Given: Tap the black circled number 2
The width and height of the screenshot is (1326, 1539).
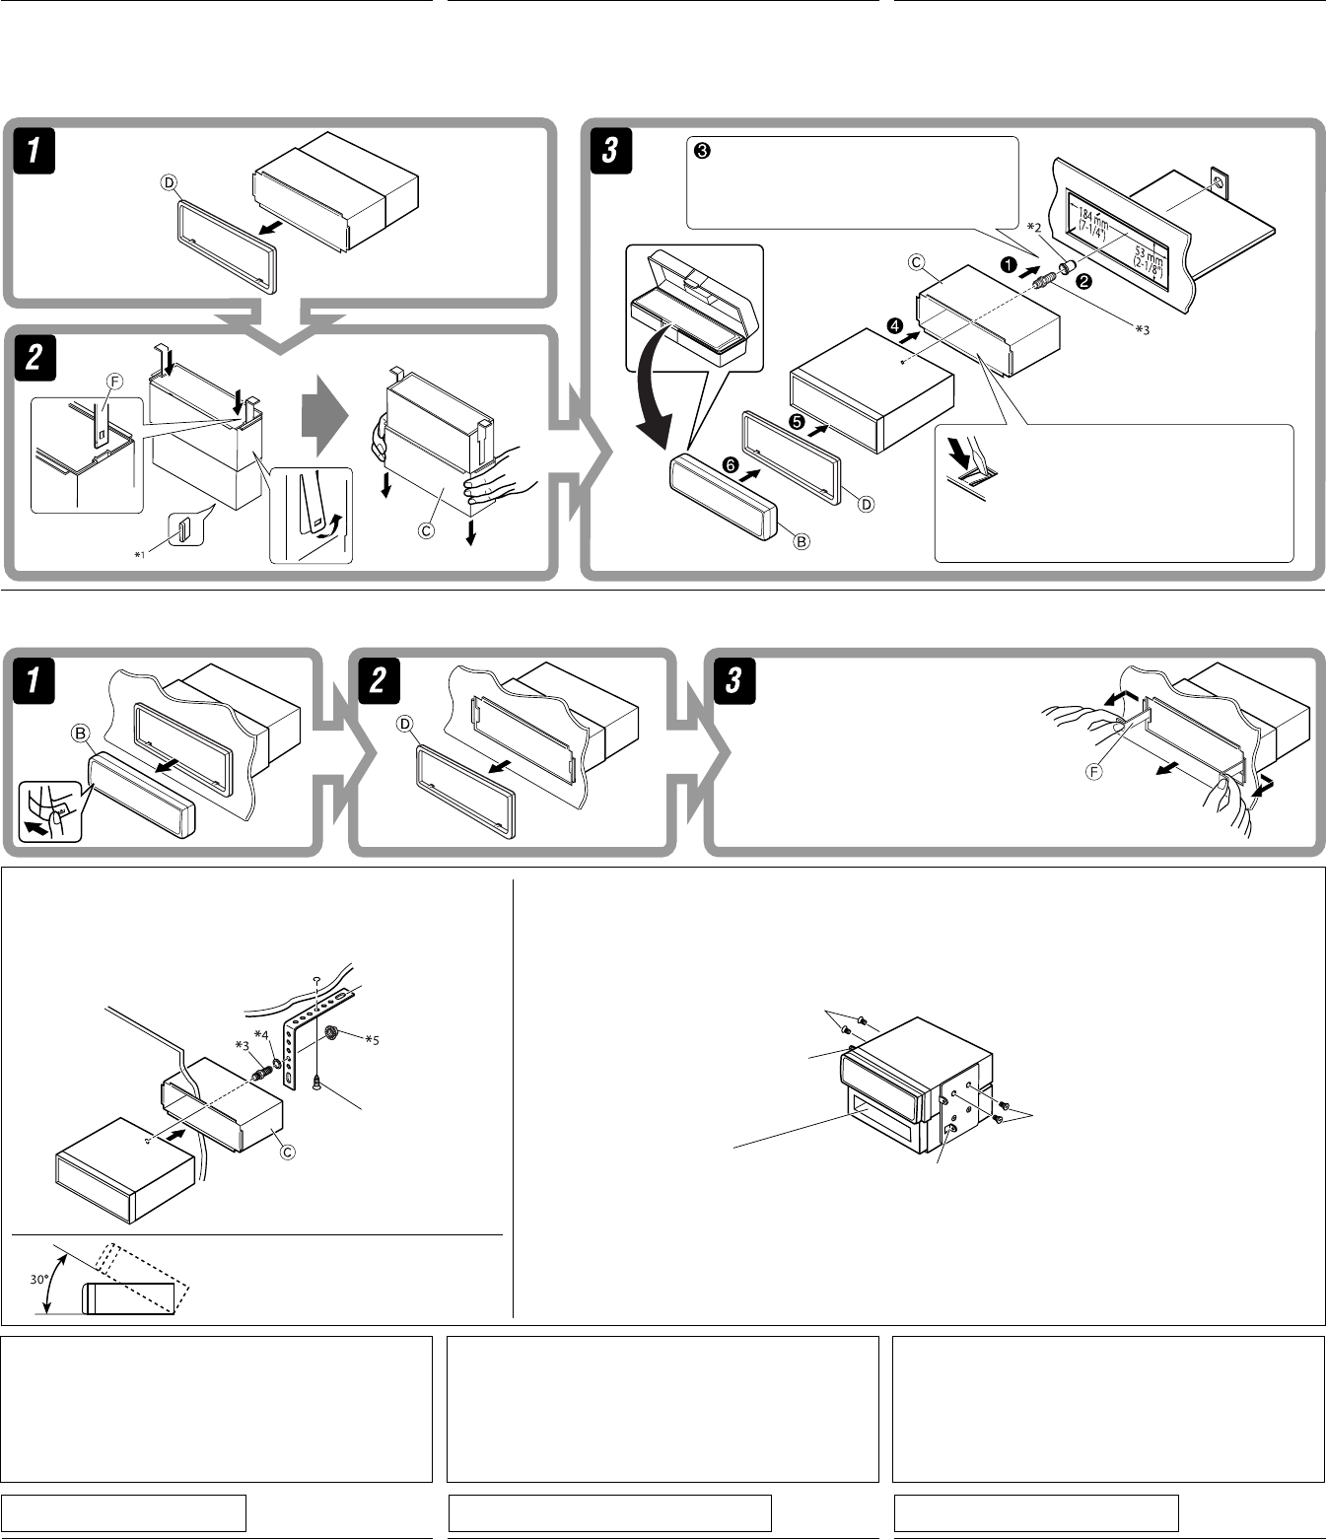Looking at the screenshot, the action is [x=1082, y=281].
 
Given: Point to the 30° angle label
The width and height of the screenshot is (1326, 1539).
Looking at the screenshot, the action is [x=38, y=1279].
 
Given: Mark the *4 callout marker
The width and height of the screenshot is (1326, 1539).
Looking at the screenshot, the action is [x=261, y=1033].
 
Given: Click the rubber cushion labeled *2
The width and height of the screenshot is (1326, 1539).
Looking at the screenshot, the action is [x=1064, y=267].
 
